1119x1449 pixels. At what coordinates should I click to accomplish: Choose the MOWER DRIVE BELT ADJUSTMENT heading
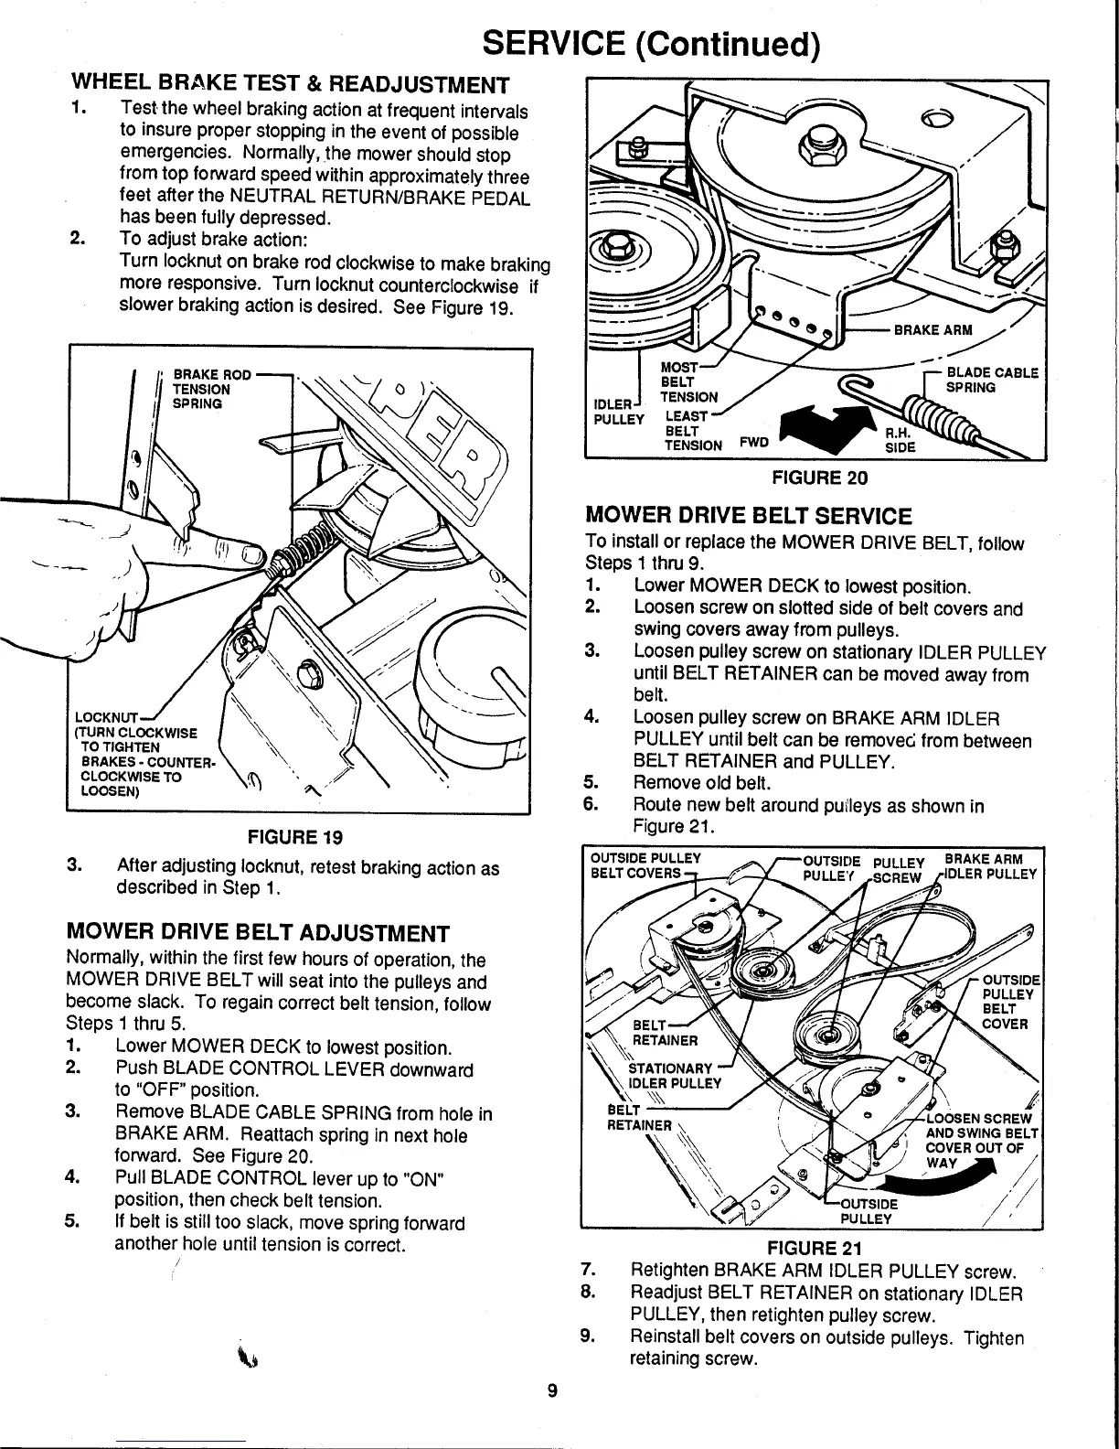[258, 933]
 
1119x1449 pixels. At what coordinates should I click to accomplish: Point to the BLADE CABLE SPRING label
[991, 380]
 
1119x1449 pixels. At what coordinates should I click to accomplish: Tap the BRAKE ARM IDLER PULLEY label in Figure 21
[991, 865]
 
